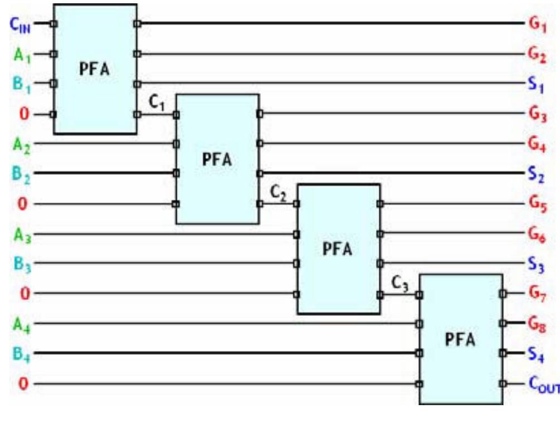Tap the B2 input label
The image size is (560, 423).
21,174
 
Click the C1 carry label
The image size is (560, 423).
157,103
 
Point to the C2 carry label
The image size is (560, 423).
278,193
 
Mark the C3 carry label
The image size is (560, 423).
400,283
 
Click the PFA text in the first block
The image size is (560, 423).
95,70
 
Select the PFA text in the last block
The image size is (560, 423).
460,339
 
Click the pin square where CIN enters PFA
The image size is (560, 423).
54,24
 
